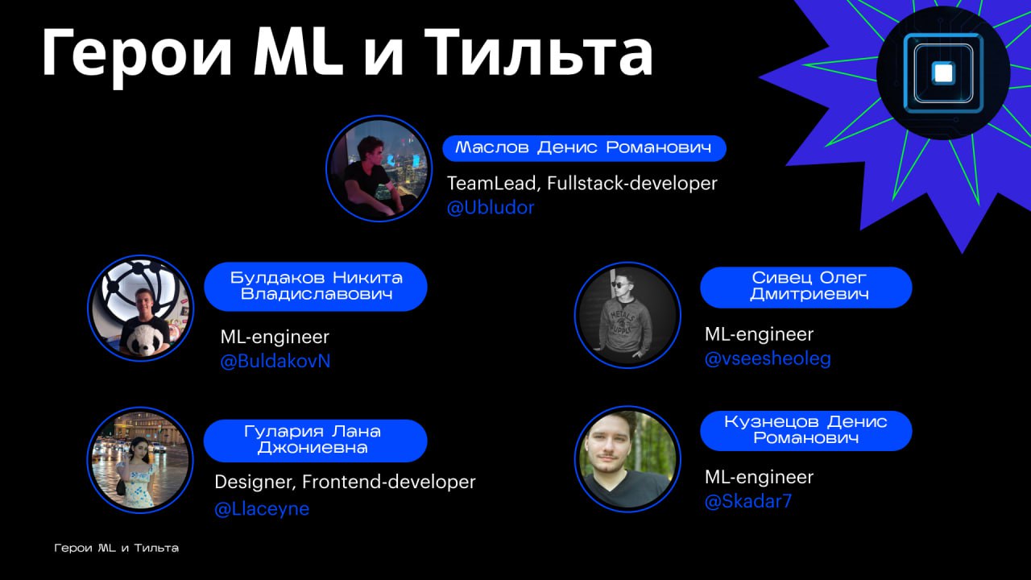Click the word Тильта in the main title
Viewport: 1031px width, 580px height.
point(539,52)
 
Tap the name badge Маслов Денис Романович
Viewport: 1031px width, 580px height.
point(584,148)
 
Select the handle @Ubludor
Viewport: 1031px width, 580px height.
point(491,208)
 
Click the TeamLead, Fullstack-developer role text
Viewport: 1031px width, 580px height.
point(582,184)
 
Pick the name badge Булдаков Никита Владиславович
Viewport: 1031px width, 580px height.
point(316,286)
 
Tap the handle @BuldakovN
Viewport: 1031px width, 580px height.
point(275,362)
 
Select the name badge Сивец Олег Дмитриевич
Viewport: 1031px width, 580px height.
point(806,288)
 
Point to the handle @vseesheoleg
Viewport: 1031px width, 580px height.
point(768,358)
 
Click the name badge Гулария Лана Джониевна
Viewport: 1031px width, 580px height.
point(315,441)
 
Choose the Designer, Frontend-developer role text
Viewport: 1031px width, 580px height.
point(345,483)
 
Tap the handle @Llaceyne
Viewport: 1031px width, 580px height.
point(262,509)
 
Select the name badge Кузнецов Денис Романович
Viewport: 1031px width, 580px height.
point(806,430)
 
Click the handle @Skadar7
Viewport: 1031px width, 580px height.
point(748,501)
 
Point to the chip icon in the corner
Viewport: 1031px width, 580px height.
point(943,72)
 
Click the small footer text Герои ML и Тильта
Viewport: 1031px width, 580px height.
point(117,549)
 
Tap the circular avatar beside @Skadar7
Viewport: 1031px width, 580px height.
point(627,459)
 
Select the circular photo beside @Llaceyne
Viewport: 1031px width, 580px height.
point(140,460)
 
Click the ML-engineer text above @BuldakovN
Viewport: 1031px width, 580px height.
point(275,337)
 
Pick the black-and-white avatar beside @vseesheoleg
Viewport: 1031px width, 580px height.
point(627,315)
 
